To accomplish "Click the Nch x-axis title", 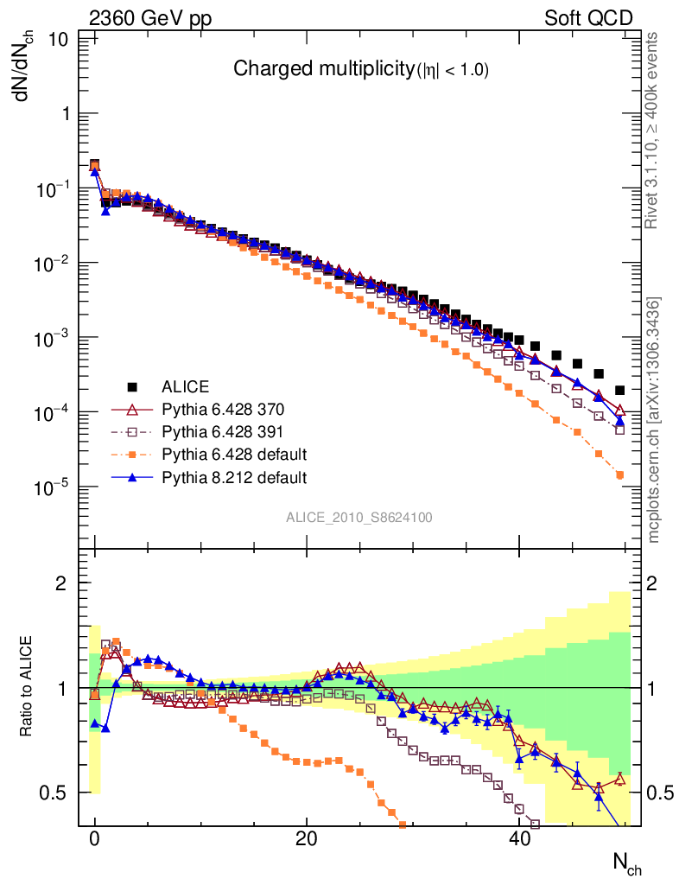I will [x=627, y=863].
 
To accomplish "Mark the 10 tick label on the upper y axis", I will [x=59, y=39].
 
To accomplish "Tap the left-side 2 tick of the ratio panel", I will [x=61, y=583].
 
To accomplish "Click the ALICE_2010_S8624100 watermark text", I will [x=359, y=518].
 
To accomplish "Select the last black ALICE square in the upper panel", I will [x=619, y=390].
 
